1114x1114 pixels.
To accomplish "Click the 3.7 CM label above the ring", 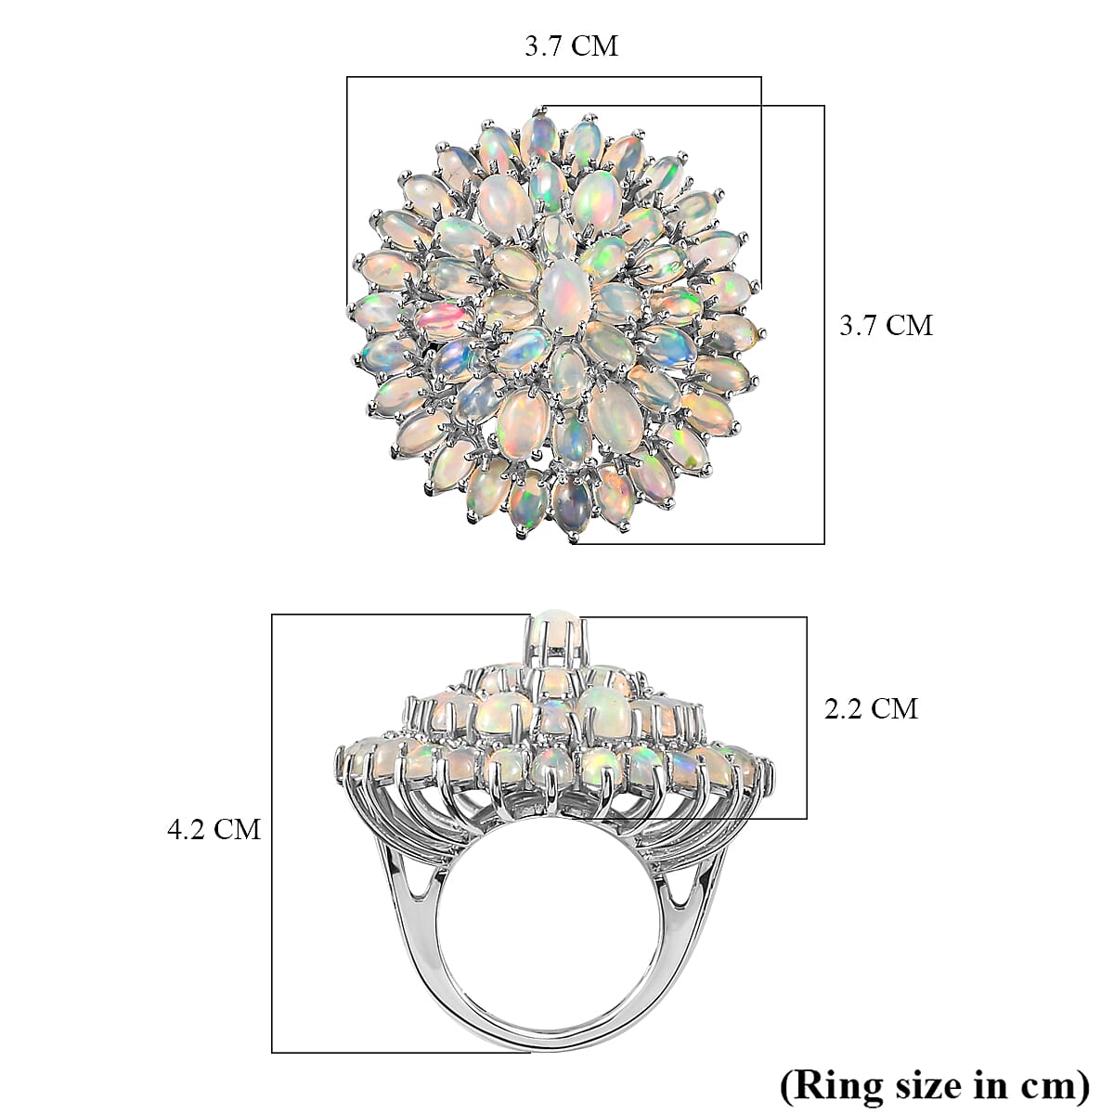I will [571, 46].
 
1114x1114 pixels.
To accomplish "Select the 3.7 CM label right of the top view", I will [886, 325].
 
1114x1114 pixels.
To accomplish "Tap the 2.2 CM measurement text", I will [871, 709].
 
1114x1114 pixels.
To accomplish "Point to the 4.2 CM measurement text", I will [214, 828].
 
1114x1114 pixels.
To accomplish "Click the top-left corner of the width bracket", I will [348, 78].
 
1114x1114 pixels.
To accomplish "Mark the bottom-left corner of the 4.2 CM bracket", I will [272, 1052].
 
